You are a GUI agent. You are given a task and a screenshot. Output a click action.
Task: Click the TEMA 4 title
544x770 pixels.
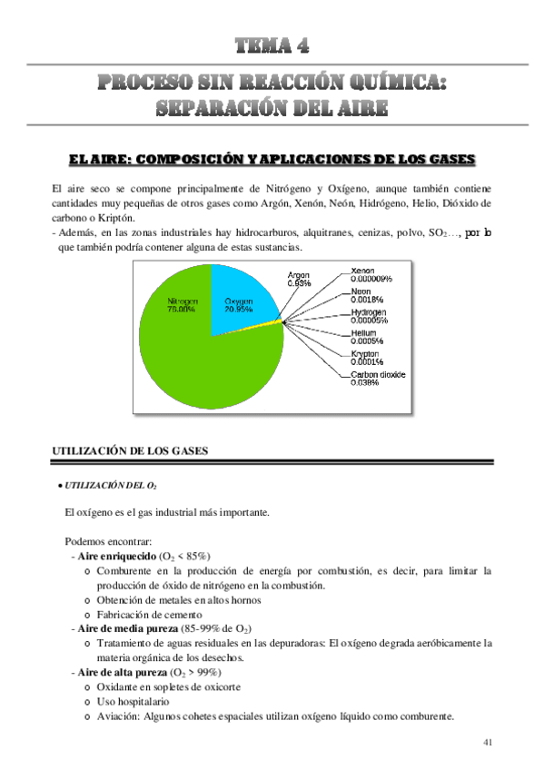coord(272,44)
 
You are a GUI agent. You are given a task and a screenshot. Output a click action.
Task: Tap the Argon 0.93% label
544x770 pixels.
coord(299,279)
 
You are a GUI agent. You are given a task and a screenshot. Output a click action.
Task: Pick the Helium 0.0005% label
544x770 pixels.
coord(367,337)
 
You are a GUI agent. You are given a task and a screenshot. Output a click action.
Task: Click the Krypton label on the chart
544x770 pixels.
coord(368,358)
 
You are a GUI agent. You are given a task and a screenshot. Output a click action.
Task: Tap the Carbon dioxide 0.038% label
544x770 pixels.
coord(378,379)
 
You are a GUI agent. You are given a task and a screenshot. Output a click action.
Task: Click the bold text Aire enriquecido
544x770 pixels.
coord(116,555)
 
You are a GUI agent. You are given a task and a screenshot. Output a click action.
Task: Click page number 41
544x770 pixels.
coord(488,743)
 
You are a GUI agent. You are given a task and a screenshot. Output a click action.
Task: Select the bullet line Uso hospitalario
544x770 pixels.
coord(137,701)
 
